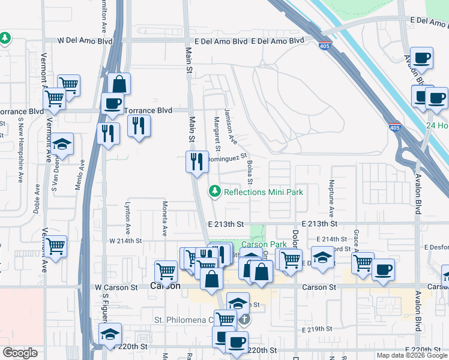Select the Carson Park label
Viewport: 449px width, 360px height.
click(x=264, y=244)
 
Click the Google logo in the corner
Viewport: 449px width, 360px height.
click(x=20, y=353)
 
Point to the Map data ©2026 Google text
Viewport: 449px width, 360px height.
click(x=412, y=355)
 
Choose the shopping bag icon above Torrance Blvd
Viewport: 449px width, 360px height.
click(x=119, y=84)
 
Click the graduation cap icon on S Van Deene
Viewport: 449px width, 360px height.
click(x=62, y=145)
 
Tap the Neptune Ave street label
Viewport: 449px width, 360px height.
click(x=331, y=198)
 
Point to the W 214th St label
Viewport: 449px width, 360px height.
click(x=124, y=241)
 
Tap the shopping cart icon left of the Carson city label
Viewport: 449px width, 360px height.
click(x=166, y=271)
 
